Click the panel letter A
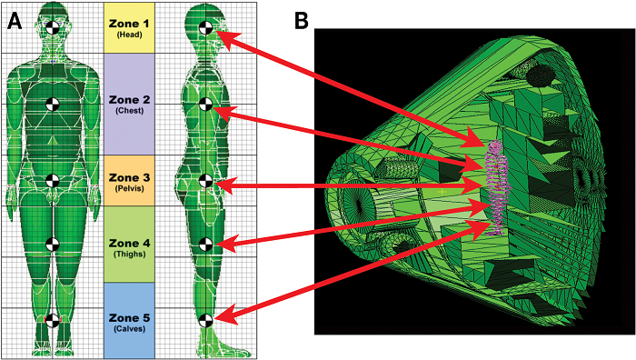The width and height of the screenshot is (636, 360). point(15,20)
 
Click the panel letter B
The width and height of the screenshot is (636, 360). point(301,20)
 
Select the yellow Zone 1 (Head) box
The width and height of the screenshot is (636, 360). point(129,28)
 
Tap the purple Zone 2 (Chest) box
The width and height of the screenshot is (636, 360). point(129,104)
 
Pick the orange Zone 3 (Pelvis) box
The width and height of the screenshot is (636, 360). point(129,181)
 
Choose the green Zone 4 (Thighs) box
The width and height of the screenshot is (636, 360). point(129,245)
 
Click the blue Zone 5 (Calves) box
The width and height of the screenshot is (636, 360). point(129,321)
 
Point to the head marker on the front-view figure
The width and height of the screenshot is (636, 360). point(52,28)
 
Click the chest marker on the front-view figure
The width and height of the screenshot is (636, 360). point(52,105)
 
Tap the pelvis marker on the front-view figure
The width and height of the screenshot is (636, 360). point(52,181)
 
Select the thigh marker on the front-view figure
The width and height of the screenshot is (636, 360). point(52,245)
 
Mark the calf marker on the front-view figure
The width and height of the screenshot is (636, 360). point(52,321)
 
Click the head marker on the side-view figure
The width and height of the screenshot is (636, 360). point(205,28)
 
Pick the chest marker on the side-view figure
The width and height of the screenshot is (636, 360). point(205,105)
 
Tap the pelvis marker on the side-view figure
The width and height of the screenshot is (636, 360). point(205,181)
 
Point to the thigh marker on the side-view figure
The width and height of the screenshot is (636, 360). point(205,245)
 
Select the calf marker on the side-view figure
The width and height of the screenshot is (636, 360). point(205,321)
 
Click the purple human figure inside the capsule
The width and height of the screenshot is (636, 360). point(496,187)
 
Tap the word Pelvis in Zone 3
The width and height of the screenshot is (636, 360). point(129,189)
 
